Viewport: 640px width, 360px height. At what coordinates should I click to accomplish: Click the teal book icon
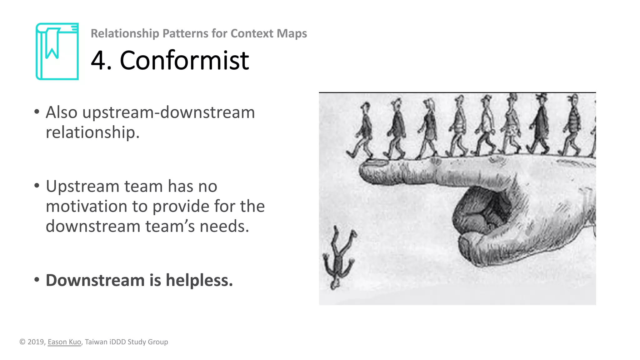pyautogui.click(x=57, y=52)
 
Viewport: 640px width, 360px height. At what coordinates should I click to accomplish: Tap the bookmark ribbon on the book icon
pyautogui.click(x=52, y=44)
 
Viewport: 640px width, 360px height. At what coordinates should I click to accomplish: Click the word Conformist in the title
pyautogui.click(x=184, y=60)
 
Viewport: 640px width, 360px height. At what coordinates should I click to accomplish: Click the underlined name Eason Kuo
pyautogui.click(x=64, y=342)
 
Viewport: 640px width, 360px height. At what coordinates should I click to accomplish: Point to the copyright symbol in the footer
pyautogui.click(x=22, y=342)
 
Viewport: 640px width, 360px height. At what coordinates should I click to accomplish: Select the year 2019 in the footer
pyautogui.click(x=36, y=342)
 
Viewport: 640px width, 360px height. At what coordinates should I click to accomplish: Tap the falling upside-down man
pyautogui.click(x=338, y=258)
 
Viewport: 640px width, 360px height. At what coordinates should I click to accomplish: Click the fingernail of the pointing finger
pyautogui.click(x=377, y=162)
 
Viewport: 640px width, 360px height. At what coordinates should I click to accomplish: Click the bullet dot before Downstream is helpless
pyautogui.click(x=37, y=280)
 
